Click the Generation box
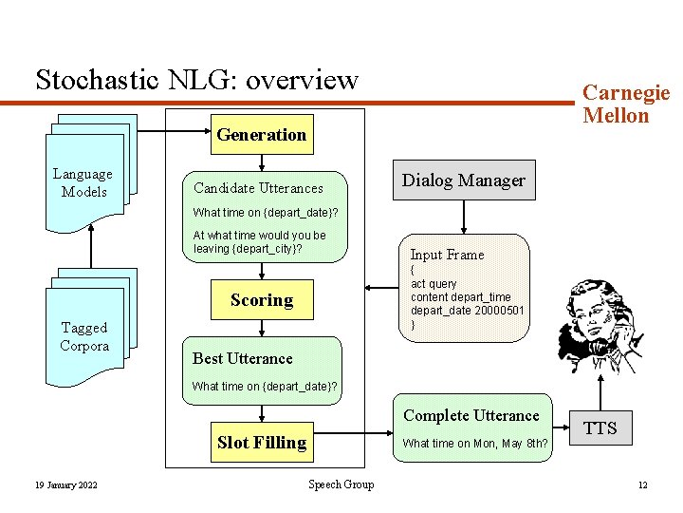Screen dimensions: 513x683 pos(261,135)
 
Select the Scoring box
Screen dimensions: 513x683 pos(261,300)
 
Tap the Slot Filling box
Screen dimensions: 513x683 pos(261,442)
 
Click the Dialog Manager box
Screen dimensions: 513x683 pos(463,180)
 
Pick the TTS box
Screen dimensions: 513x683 pos(600,428)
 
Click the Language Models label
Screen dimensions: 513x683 pos(83,182)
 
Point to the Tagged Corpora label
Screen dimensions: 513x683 pos(84,336)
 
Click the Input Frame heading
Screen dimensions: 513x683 pos(447,255)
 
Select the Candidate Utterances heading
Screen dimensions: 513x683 pos(258,188)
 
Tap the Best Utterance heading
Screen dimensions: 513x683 pos(243,358)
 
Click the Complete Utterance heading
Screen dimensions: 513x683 pos(471,415)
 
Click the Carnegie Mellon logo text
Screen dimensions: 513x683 pos(625,104)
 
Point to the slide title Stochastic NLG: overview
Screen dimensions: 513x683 pos(196,79)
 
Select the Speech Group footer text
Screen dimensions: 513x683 pos(341,484)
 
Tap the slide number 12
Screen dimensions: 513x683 pos(642,485)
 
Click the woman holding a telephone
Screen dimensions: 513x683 pos(599,327)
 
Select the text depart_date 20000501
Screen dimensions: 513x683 pos(467,311)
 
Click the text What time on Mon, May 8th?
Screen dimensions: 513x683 pos(474,444)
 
